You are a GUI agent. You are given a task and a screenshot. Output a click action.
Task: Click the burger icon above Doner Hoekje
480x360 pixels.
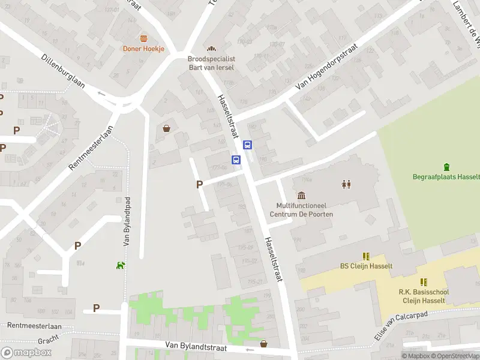point(143,38)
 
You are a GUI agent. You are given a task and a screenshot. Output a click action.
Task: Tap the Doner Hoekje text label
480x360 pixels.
point(143,49)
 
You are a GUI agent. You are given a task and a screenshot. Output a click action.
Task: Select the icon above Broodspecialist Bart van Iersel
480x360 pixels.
point(211,49)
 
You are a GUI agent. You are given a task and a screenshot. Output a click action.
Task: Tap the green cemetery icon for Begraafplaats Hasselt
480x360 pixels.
point(446,167)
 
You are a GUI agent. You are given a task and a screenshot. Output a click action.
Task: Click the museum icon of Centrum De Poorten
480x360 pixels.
point(301,195)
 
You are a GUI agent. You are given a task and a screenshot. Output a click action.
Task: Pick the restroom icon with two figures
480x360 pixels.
point(346,184)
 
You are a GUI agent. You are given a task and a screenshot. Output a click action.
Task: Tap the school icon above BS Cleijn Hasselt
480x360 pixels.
point(366,256)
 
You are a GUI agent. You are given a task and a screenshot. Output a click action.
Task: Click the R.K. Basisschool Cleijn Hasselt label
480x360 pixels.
point(424,296)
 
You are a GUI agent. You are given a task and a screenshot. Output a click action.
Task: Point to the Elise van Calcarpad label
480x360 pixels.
point(403,326)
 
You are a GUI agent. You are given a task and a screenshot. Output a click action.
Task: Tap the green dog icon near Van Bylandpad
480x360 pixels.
point(121,265)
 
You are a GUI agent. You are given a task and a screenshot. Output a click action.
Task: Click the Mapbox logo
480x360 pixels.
point(26,353)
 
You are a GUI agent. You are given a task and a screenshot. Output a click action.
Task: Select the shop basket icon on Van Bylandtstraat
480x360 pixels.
point(263,344)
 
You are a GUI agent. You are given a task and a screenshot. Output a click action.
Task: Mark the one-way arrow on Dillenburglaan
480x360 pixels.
point(101,94)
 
